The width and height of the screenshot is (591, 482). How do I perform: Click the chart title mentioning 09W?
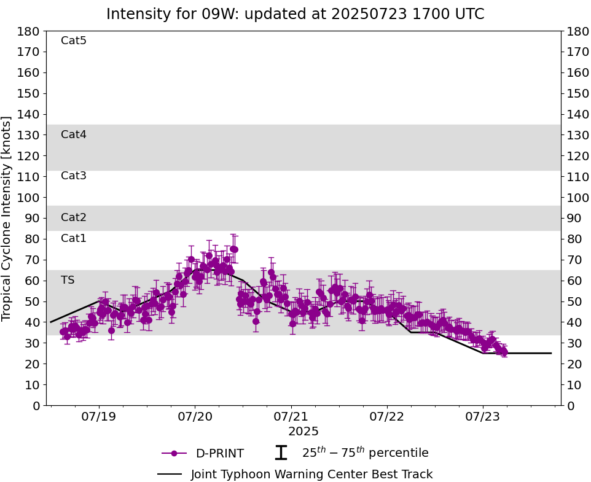point(295,14)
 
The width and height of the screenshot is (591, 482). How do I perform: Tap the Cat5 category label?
point(74,41)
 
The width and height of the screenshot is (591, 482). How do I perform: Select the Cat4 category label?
point(74,134)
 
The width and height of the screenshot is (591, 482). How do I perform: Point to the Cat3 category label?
point(74,176)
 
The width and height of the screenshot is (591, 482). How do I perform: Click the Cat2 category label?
point(74,217)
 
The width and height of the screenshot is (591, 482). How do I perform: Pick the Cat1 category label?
point(74,238)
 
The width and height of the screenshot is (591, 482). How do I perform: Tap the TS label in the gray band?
point(68,280)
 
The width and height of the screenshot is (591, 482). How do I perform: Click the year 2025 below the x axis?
point(303,432)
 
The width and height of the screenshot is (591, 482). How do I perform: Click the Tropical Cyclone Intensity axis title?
point(7,218)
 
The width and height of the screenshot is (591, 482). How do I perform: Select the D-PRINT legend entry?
point(219,454)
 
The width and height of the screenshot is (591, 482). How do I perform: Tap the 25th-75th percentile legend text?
point(365,453)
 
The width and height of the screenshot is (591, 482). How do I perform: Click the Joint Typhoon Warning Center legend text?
point(311,475)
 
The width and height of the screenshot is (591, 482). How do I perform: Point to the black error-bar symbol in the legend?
point(281,453)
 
